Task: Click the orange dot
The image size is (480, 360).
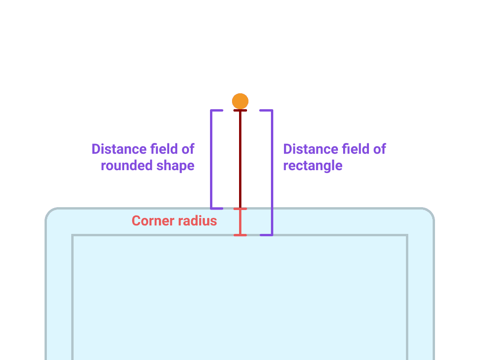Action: pyautogui.click(x=240, y=101)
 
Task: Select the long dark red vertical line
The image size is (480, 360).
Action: pyautogui.click(x=240, y=159)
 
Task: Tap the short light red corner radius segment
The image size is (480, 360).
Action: pyautogui.click(x=240, y=222)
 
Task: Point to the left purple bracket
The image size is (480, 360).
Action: pyautogui.click(x=212, y=159)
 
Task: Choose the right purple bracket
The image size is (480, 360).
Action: pyautogui.click(x=271, y=172)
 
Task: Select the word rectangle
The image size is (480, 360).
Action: pyautogui.click(x=313, y=165)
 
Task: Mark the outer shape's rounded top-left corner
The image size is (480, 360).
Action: pyautogui.click(x=50, y=212)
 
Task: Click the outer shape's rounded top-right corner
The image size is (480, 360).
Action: pyautogui.click(x=430, y=212)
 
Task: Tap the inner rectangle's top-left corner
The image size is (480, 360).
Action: pyautogui.click(x=73, y=235)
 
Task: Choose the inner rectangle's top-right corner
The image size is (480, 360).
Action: pyautogui.click(x=407, y=235)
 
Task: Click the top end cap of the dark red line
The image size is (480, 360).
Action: pyautogui.click(x=240, y=111)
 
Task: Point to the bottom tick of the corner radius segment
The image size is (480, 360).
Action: pyautogui.click(x=240, y=235)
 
